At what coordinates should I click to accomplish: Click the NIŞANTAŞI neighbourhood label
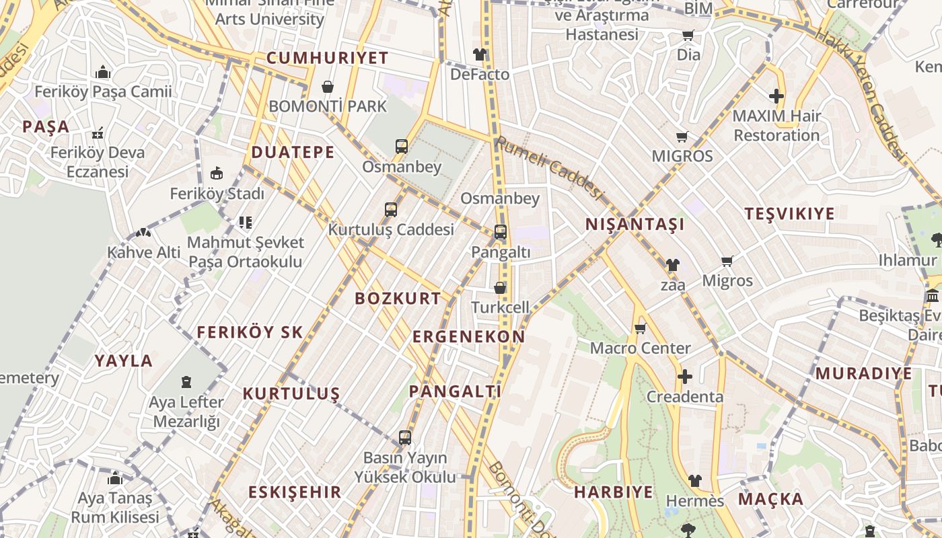[x=635, y=225]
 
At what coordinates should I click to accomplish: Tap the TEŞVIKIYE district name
[x=789, y=215]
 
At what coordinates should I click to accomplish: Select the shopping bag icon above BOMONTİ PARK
[x=328, y=87]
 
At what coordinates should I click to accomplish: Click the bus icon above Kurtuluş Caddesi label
[x=391, y=210]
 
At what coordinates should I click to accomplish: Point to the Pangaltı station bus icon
[x=501, y=232]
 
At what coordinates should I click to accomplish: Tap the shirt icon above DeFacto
[x=479, y=54]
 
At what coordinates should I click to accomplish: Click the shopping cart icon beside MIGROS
[x=682, y=137]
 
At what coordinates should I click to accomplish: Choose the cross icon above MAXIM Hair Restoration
[x=776, y=96]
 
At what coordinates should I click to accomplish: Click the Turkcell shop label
[x=500, y=307]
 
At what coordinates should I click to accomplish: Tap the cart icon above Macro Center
[x=640, y=329]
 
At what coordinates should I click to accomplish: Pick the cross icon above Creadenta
[x=685, y=377]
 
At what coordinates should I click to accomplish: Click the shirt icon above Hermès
[x=695, y=481]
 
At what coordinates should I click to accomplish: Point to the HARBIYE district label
[x=613, y=492]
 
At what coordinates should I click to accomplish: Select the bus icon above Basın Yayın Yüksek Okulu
[x=404, y=438]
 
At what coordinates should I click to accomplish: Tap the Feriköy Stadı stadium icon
[x=217, y=174]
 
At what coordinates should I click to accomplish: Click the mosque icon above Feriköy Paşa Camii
[x=103, y=72]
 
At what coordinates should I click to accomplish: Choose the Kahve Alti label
[x=144, y=253]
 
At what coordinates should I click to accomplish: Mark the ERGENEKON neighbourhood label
[x=468, y=337]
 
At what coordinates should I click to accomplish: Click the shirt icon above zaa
[x=672, y=265]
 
